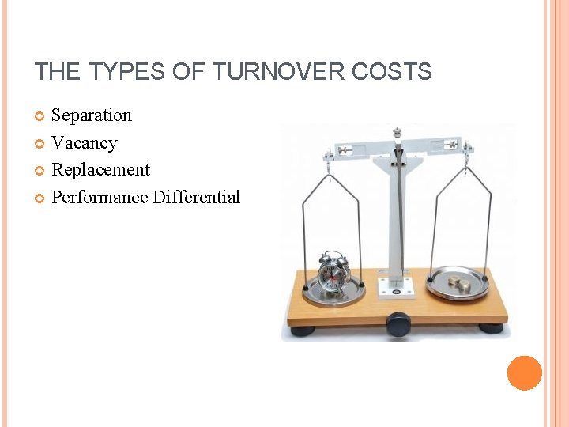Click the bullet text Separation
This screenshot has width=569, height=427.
pyautogui.click(x=92, y=115)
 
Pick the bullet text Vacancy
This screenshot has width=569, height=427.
pyautogui.click(x=84, y=143)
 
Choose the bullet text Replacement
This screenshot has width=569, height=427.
pyautogui.click(x=100, y=170)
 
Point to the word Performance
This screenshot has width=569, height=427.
pyautogui.click(x=100, y=198)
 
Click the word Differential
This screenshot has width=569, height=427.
pyautogui.click(x=197, y=198)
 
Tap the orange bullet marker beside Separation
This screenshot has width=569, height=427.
pyautogui.click(x=40, y=117)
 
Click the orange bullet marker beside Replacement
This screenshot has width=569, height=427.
pyautogui.click(x=40, y=171)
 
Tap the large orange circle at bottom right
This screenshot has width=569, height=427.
pyautogui.click(x=524, y=372)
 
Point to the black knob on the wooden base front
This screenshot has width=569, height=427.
pyautogui.click(x=398, y=323)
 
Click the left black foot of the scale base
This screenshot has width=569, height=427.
pyautogui.click(x=303, y=330)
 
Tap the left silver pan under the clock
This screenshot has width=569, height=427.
pyautogui.click(x=330, y=292)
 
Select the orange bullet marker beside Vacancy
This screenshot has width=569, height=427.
pyautogui.click(x=40, y=144)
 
